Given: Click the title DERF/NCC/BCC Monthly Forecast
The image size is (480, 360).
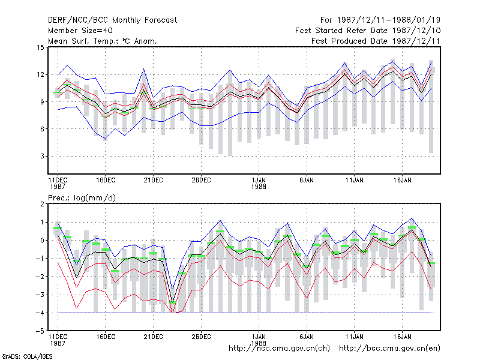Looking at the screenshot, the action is [112, 20].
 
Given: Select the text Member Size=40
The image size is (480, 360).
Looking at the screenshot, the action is [80, 31].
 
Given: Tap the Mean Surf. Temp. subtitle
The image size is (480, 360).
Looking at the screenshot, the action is [102, 41].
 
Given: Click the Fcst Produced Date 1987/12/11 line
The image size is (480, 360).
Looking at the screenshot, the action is [376, 41].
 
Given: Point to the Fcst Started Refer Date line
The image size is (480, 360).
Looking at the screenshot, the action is [368, 31].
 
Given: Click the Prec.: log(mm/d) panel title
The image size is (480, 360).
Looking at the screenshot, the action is [82, 198].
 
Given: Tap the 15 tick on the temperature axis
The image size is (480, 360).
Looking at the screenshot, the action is [40, 47].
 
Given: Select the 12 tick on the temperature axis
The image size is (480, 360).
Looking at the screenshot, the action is [40, 74].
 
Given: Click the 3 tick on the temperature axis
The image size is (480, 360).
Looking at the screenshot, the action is [42, 156].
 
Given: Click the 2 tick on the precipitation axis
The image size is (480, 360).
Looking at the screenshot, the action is [42, 204].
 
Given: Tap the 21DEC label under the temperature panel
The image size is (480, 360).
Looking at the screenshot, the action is [154, 181].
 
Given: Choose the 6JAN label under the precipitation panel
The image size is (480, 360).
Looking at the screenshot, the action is [307, 337].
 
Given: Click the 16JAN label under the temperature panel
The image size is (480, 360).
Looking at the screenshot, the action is [402, 181].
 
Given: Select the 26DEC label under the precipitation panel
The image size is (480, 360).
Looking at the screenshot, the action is [201, 337].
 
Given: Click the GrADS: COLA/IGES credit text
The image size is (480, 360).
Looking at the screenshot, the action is [27, 356].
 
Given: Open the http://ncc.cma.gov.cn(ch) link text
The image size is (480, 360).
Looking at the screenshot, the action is [279, 349].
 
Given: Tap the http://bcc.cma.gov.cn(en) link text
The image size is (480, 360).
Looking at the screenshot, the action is [389, 349].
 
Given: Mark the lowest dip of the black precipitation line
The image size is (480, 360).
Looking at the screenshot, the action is [173, 302].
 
